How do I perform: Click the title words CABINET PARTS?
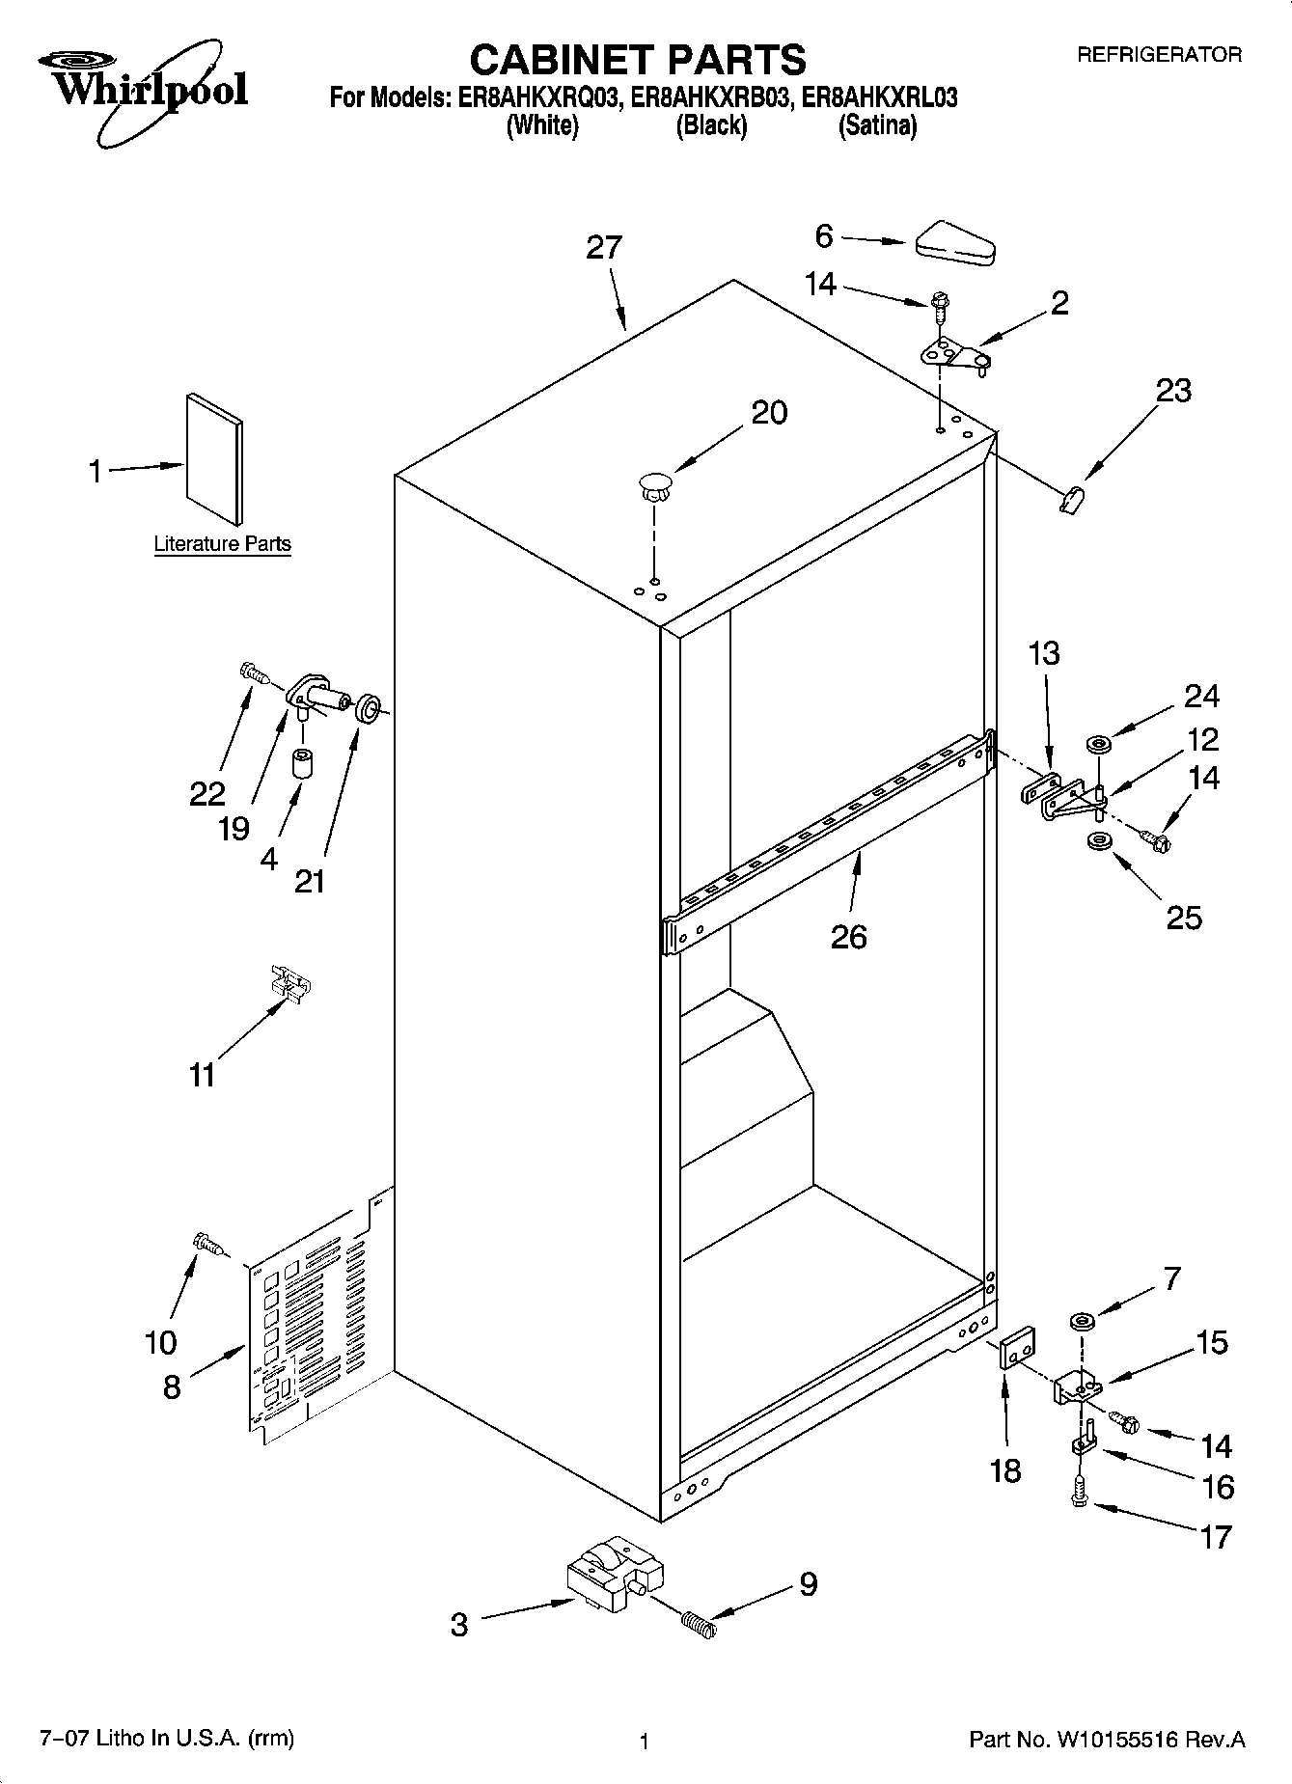pos(637,60)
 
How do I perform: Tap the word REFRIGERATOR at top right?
pos(1159,55)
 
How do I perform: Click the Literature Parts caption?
pos(222,544)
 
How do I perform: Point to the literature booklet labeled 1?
pos(214,459)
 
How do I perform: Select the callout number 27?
pos(604,248)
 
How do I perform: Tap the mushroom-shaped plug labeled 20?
pos(653,483)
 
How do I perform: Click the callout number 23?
pos(1173,391)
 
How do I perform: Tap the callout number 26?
pos(848,936)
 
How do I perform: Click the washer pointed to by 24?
pos(1098,744)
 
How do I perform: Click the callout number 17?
pos(1215,1536)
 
